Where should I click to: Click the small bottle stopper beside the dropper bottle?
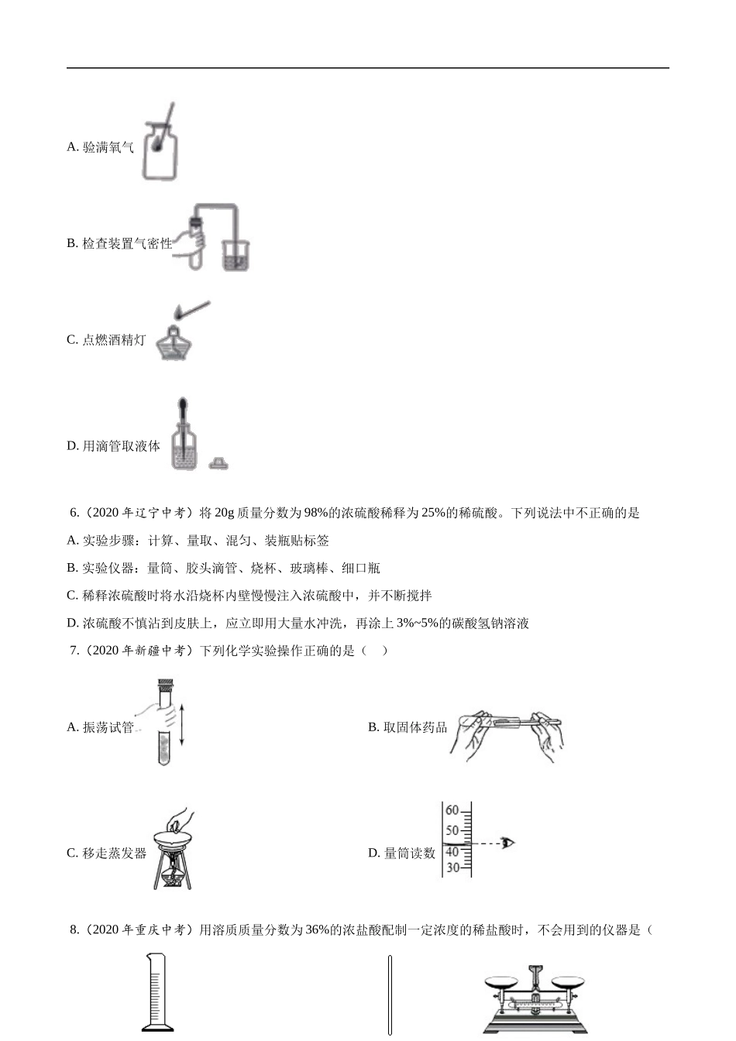click(x=219, y=463)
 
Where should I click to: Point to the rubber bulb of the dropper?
click(x=183, y=407)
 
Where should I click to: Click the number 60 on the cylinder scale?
click(x=452, y=811)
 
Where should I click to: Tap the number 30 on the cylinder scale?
click(x=452, y=867)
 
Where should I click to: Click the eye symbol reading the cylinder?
click(x=507, y=843)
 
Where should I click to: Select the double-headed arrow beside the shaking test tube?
click(x=181, y=725)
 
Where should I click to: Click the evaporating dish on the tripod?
click(x=174, y=837)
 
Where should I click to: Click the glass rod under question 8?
click(x=390, y=995)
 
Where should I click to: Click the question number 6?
click(x=74, y=513)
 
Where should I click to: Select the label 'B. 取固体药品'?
click(x=408, y=727)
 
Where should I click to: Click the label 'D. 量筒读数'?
click(x=401, y=854)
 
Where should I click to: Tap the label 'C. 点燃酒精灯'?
click(x=106, y=340)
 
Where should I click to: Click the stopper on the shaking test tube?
click(x=165, y=685)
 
